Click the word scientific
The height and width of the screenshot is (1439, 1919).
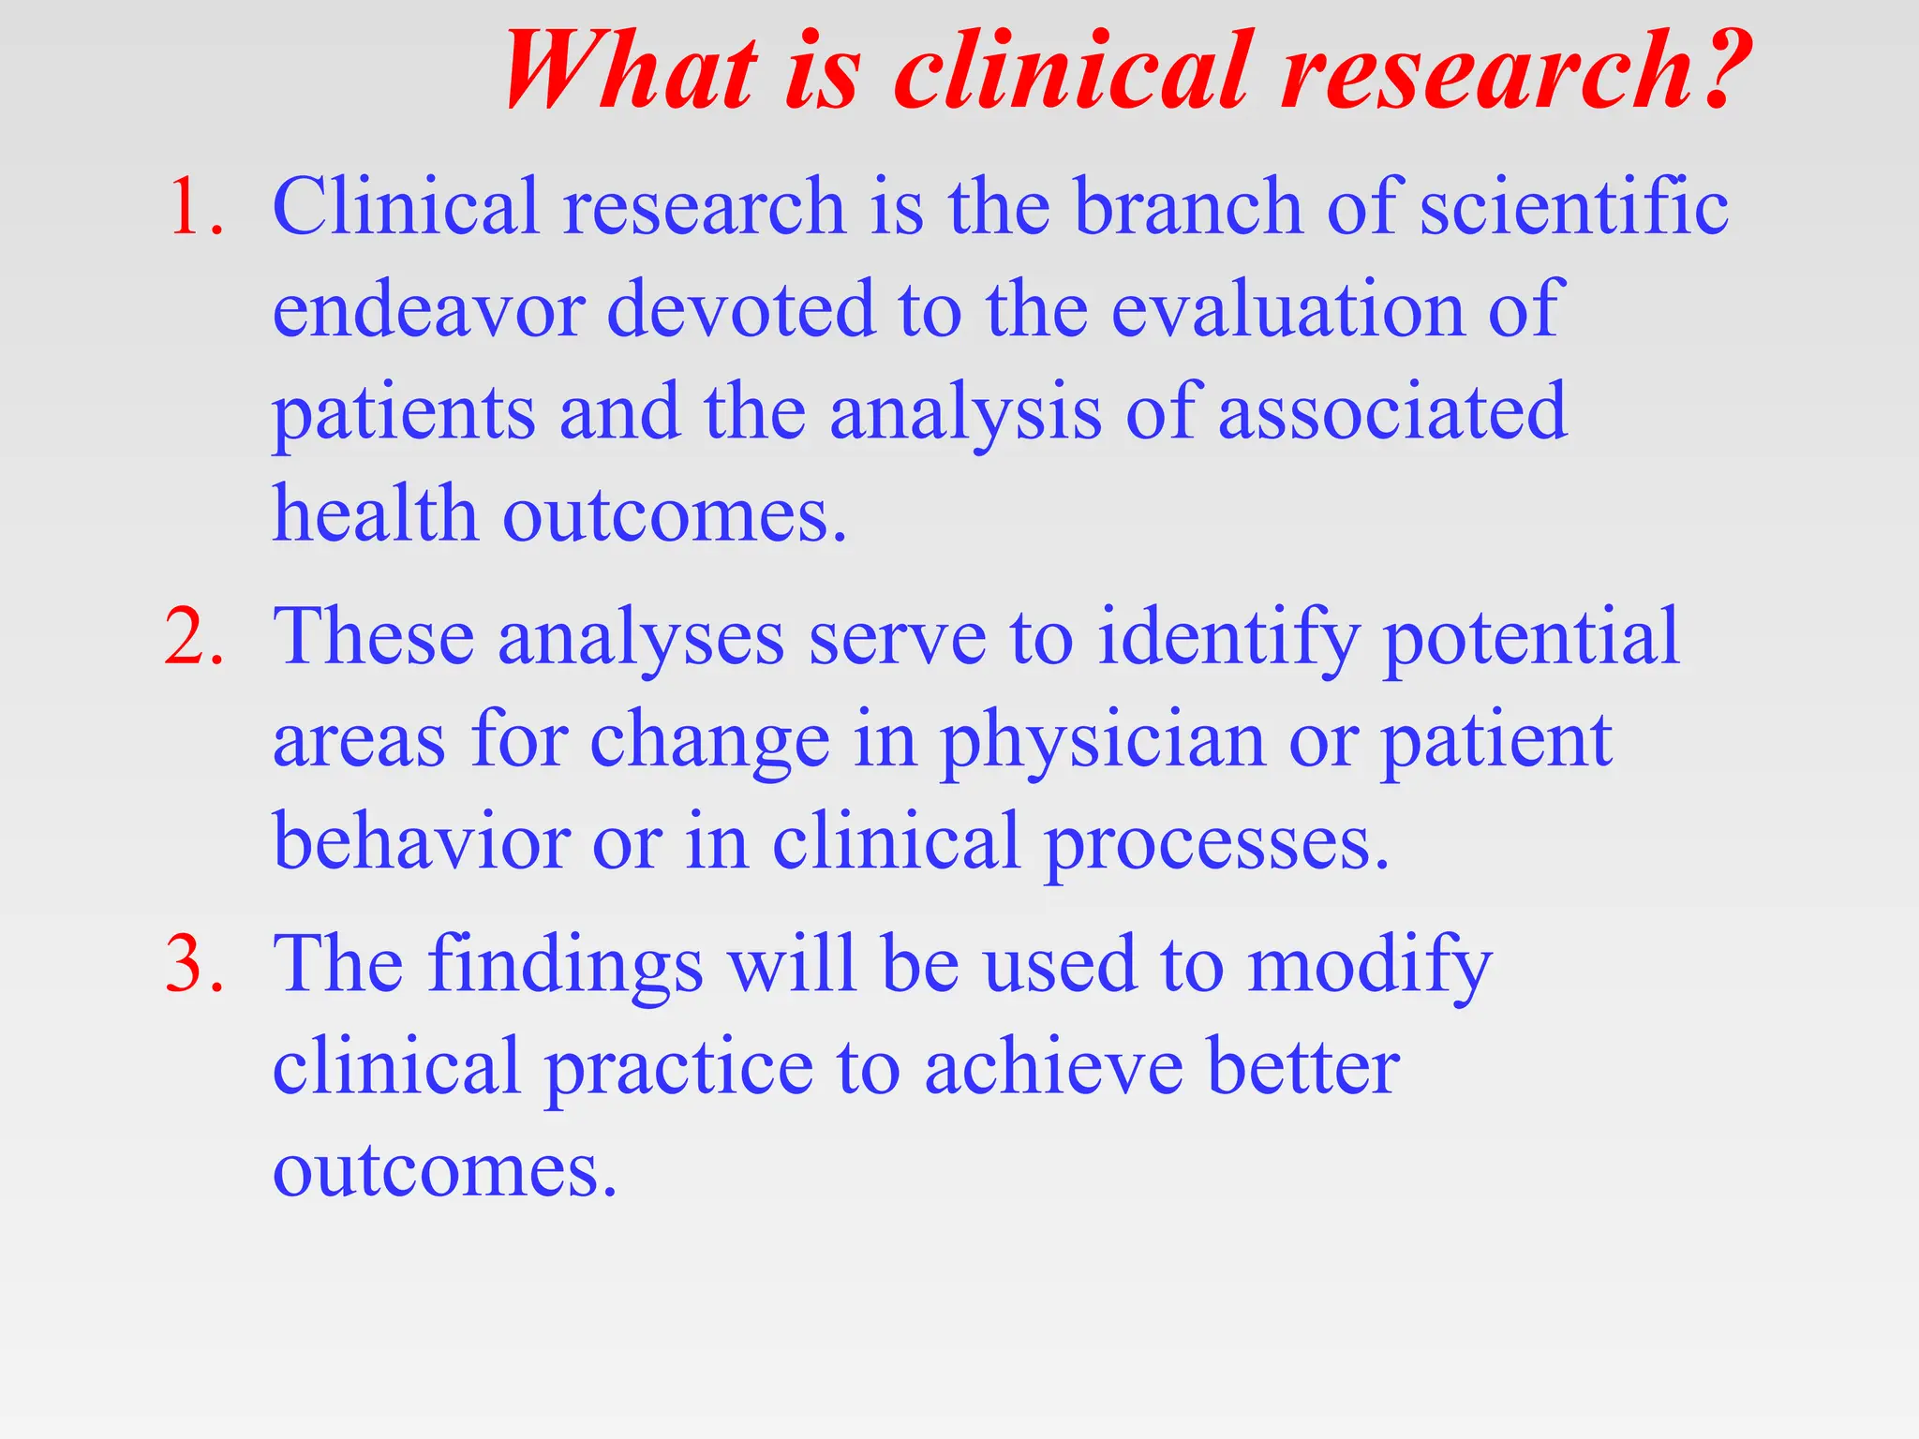(1574, 207)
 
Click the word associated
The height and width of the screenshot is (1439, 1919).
(1392, 413)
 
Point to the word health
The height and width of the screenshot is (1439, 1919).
(375, 514)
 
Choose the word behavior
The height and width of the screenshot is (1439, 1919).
(422, 842)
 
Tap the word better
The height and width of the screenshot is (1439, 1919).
(1303, 1068)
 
